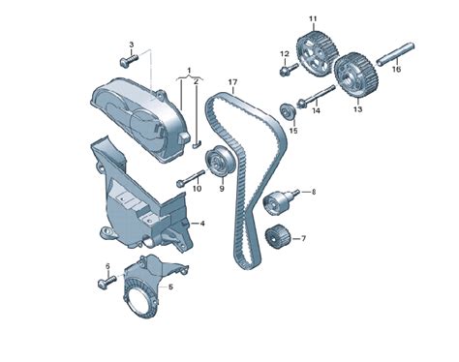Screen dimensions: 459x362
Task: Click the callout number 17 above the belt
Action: pos(232,82)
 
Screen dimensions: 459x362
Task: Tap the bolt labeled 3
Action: pos(129,61)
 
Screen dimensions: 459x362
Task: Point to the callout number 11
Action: pos(313,19)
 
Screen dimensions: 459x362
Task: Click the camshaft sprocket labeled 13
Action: pos(355,75)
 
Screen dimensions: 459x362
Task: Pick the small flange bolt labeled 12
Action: pos(289,70)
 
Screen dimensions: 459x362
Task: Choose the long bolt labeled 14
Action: pos(315,96)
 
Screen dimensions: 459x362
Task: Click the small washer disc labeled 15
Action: pos(288,111)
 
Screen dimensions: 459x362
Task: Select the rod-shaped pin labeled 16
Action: pos(396,52)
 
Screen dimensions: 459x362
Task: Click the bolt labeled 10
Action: pos(191,178)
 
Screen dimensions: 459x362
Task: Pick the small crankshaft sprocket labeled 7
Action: pos(278,237)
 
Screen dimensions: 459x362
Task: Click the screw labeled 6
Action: pos(107,282)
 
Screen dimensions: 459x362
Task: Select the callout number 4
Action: pos(202,223)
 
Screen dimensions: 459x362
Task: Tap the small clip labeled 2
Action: pos(197,144)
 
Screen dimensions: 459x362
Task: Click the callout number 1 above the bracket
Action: pos(190,70)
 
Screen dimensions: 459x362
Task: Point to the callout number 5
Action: pos(170,287)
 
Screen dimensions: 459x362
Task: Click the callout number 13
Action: pos(357,109)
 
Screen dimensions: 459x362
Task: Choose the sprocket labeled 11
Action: pos(318,53)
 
